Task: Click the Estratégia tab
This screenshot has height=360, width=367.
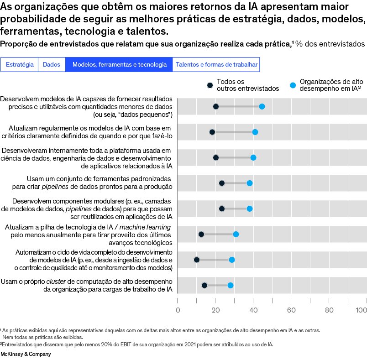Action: pos(20,65)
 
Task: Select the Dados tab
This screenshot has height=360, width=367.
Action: pos(52,65)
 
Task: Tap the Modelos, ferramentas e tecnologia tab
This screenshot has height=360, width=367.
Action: pos(119,65)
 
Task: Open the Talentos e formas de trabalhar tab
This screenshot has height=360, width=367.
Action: pos(216,65)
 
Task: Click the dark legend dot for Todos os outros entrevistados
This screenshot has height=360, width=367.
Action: pos(210,85)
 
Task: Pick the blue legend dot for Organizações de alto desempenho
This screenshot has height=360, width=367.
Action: pos(293,85)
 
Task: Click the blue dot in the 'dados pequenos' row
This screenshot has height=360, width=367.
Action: pos(262,106)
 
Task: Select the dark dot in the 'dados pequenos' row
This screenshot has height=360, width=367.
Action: pos(216,106)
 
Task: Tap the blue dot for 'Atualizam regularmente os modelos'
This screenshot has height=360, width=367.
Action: pos(255,132)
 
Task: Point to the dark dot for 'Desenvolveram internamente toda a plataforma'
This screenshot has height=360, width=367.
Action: pos(216,157)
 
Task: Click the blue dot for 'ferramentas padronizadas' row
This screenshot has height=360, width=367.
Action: pos(250,183)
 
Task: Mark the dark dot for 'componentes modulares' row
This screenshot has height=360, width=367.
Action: pos(222,209)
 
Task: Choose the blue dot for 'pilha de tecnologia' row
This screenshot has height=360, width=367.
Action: pos(236,234)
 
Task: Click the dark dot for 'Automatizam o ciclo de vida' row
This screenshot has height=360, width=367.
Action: pos(197,260)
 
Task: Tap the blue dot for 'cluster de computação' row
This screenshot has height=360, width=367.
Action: pos(231,285)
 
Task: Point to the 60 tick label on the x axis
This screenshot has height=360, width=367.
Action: pos(291,310)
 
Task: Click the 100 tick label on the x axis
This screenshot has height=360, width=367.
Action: pos(362,310)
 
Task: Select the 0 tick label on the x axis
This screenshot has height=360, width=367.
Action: pos(178,310)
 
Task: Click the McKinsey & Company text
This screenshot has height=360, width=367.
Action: pos(26,354)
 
